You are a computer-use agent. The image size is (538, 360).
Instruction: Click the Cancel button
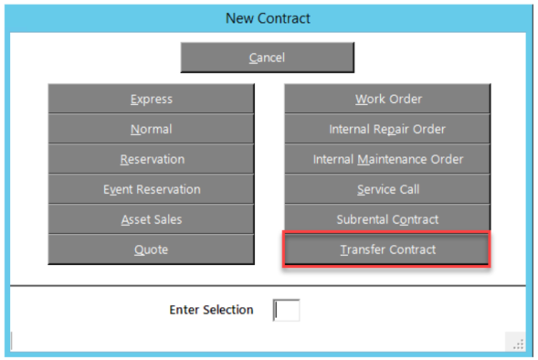pyautogui.click(x=268, y=58)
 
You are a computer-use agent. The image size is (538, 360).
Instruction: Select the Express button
pyautogui.click(x=151, y=99)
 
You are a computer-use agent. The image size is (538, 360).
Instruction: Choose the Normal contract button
pyautogui.click(x=151, y=129)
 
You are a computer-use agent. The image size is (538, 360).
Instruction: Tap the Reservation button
pyautogui.click(x=151, y=159)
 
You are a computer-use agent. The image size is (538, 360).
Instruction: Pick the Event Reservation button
pyautogui.click(x=151, y=189)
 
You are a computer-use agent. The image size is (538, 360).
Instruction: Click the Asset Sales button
pyautogui.click(x=151, y=219)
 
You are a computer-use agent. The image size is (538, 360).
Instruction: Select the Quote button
pyautogui.click(x=151, y=249)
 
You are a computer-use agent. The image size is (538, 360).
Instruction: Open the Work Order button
pyautogui.click(x=387, y=99)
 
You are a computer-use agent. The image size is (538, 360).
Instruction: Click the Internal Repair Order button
pyautogui.click(x=387, y=129)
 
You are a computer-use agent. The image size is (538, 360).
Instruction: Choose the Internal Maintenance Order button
pyautogui.click(x=387, y=159)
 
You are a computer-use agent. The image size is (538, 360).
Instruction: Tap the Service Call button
pyautogui.click(x=387, y=189)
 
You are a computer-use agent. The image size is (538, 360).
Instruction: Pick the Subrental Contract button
pyautogui.click(x=387, y=219)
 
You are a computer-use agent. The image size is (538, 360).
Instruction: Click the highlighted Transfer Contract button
pyautogui.click(x=386, y=249)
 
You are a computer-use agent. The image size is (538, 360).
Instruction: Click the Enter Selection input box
pyautogui.click(x=287, y=311)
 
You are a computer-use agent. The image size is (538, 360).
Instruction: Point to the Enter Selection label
pyautogui.click(x=211, y=310)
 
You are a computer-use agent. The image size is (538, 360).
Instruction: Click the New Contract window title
pyautogui.click(x=268, y=18)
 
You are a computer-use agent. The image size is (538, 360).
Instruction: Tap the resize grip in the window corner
pyautogui.click(x=519, y=344)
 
